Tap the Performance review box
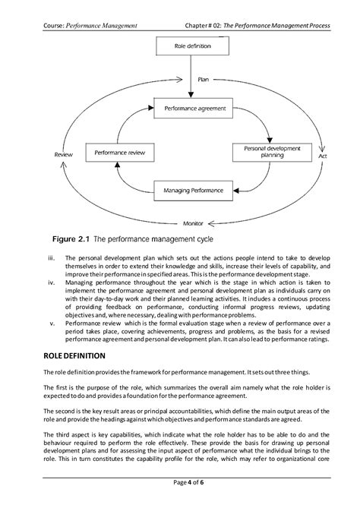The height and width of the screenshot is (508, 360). point(115,153)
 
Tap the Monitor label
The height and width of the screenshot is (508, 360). point(193,223)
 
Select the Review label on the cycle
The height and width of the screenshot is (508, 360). point(63,154)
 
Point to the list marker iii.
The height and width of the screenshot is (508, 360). point(51,257)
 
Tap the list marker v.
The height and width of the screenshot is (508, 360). point(52,320)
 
